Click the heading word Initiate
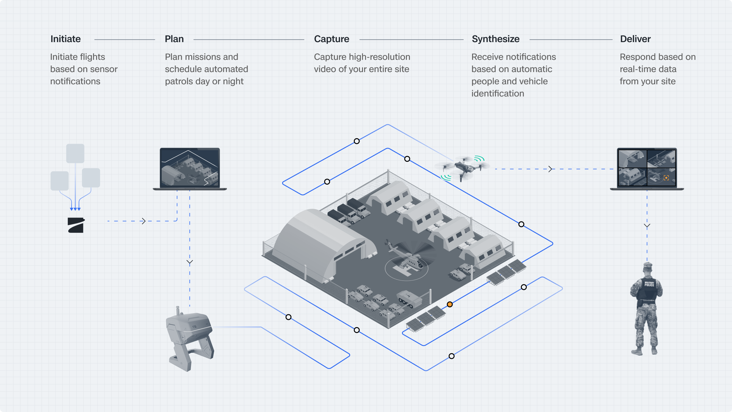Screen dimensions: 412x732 pos(66,39)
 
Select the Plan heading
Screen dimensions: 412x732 pos(174,39)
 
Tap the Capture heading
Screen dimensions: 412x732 pos(332,39)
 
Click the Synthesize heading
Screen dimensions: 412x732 pos(496,39)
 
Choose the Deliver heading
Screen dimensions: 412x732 pos(635,39)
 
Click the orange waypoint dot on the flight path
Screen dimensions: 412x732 pos(450,304)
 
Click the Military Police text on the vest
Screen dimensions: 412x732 pos(649,284)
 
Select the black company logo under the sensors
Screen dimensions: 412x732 pos(76,225)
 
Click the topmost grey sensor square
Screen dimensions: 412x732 pos(75,153)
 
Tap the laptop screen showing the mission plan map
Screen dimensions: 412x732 pos(190,167)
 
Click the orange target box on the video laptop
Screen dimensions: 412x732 pos(666,178)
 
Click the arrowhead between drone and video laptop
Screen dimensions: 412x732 pos(550,169)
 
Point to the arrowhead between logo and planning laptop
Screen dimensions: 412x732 pos(143,221)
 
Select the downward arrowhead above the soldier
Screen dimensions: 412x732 pos(647,226)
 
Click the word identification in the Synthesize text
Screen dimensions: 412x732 pos(497,93)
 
